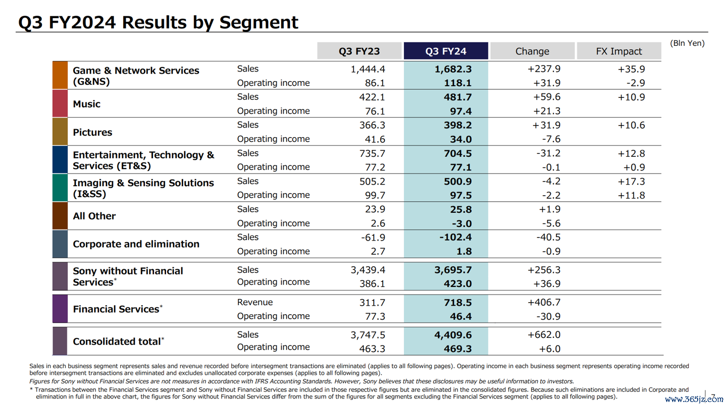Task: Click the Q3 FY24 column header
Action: point(446,51)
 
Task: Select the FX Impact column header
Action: point(618,51)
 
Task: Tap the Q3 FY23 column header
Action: point(359,51)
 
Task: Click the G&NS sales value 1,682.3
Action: point(453,69)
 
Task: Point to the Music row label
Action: point(87,104)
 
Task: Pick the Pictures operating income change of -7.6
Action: point(551,139)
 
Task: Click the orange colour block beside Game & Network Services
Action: point(60,75)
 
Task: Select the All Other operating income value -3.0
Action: point(462,223)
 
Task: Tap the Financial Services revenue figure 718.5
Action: point(458,303)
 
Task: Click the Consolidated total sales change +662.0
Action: point(544,335)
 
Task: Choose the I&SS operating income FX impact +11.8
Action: point(631,195)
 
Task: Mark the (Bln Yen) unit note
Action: point(688,43)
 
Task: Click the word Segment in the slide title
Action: point(258,23)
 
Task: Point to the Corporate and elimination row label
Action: point(136,244)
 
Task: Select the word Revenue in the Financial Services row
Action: point(255,302)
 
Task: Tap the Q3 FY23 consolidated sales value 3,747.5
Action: point(368,335)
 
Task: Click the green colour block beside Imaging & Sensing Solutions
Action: point(60,188)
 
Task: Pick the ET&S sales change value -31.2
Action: point(548,153)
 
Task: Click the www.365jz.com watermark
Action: point(694,399)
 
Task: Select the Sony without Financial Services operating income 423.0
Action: point(458,284)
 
